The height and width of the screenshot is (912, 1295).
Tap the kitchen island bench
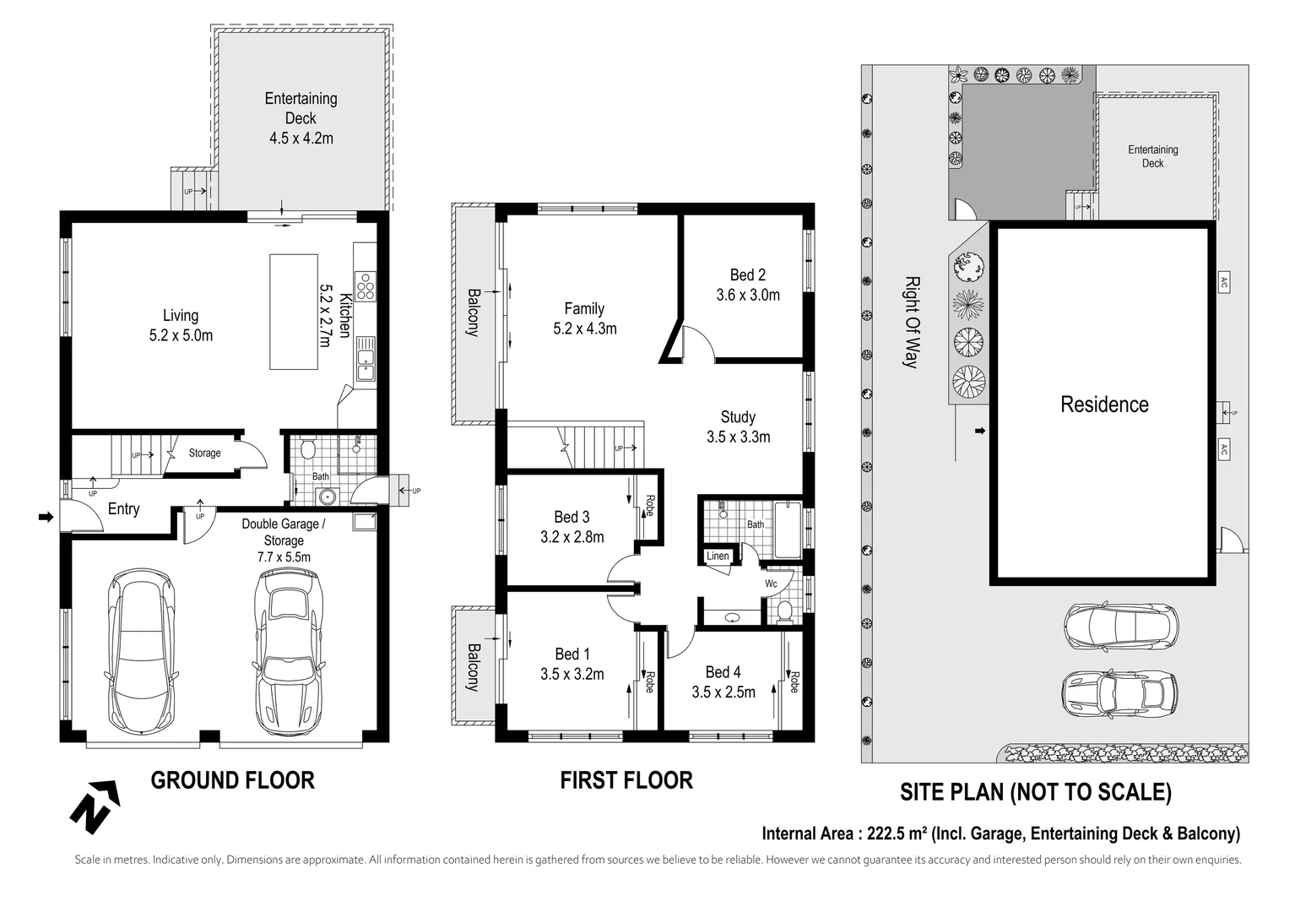coord(294,312)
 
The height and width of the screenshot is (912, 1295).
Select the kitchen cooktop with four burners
coord(366,286)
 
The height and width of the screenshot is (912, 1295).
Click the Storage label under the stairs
coord(204,453)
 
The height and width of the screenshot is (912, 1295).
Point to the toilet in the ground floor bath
coord(307,448)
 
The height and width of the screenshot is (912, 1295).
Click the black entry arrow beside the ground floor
coord(46,517)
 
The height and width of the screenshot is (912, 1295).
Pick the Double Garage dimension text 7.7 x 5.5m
coord(284,557)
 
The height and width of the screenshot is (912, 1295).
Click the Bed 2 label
coord(747,274)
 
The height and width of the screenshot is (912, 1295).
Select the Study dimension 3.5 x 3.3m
coord(739,437)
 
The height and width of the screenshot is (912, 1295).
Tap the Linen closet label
coord(718,556)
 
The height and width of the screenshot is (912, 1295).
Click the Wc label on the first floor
coord(772,584)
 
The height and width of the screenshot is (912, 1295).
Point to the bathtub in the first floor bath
coord(788,530)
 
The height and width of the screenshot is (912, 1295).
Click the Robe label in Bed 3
coord(650,506)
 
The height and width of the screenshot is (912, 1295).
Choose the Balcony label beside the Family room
coord(474,312)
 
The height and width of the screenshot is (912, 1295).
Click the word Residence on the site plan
coord(1104,404)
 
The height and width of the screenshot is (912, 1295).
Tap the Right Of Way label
coord(912,322)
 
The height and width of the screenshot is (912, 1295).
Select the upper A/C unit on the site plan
coord(1223,282)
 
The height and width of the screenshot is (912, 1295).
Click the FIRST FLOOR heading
coord(626,780)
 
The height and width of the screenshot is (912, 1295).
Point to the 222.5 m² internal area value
coord(894,833)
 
